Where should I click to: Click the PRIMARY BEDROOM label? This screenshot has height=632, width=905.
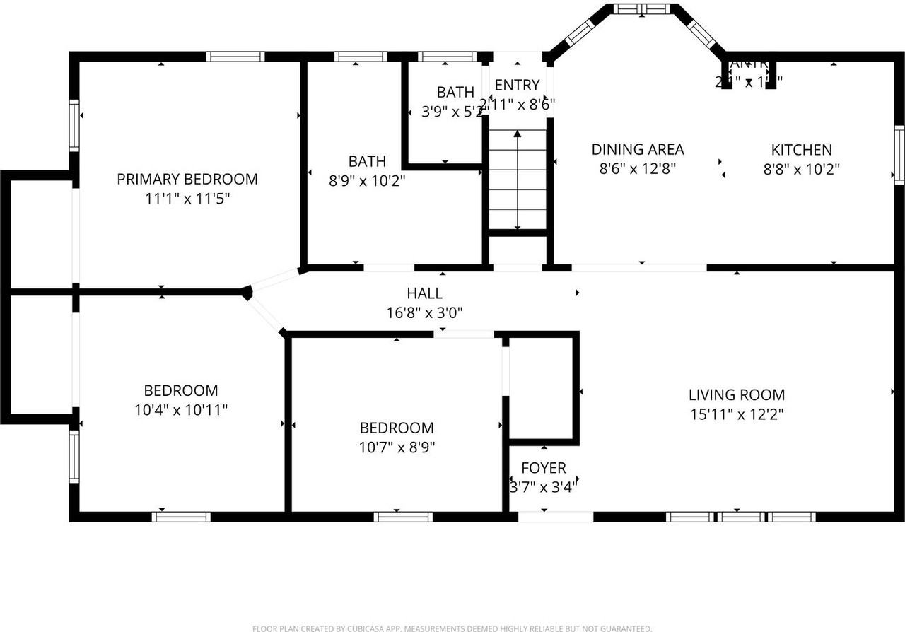[x=187, y=179]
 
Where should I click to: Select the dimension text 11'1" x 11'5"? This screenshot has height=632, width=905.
[x=187, y=199]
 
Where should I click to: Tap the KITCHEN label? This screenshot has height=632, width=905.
[x=801, y=150]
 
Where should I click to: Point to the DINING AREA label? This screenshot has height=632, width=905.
[x=637, y=149]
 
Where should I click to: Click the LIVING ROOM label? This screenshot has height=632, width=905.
[x=737, y=395]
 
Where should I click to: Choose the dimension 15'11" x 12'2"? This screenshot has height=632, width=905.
[x=737, y=414]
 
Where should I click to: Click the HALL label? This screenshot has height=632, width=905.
[x=424, y=293]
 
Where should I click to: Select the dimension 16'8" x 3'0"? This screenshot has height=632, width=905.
[x=424, y=312]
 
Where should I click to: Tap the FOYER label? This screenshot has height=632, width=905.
[x=544, y=468]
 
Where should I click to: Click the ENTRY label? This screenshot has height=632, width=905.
[x=517, y=85]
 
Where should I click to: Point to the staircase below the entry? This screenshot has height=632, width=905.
[x=518, y=180]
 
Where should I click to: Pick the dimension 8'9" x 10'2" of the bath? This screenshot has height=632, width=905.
[x=367, y=181]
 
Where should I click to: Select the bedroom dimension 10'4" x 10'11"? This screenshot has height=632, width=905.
[x=181, y=409]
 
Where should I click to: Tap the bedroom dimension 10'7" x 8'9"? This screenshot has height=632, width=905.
[x=397, y=447]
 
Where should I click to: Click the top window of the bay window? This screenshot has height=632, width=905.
[x=641, y=9]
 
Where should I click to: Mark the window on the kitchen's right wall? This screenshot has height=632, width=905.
[x=899, y=154]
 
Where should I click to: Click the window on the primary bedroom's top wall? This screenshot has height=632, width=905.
[x=235, y=57]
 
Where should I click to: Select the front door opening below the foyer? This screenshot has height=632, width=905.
[x=556, y=517]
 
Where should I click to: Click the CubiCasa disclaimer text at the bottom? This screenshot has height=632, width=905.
[x=452, y=628]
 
